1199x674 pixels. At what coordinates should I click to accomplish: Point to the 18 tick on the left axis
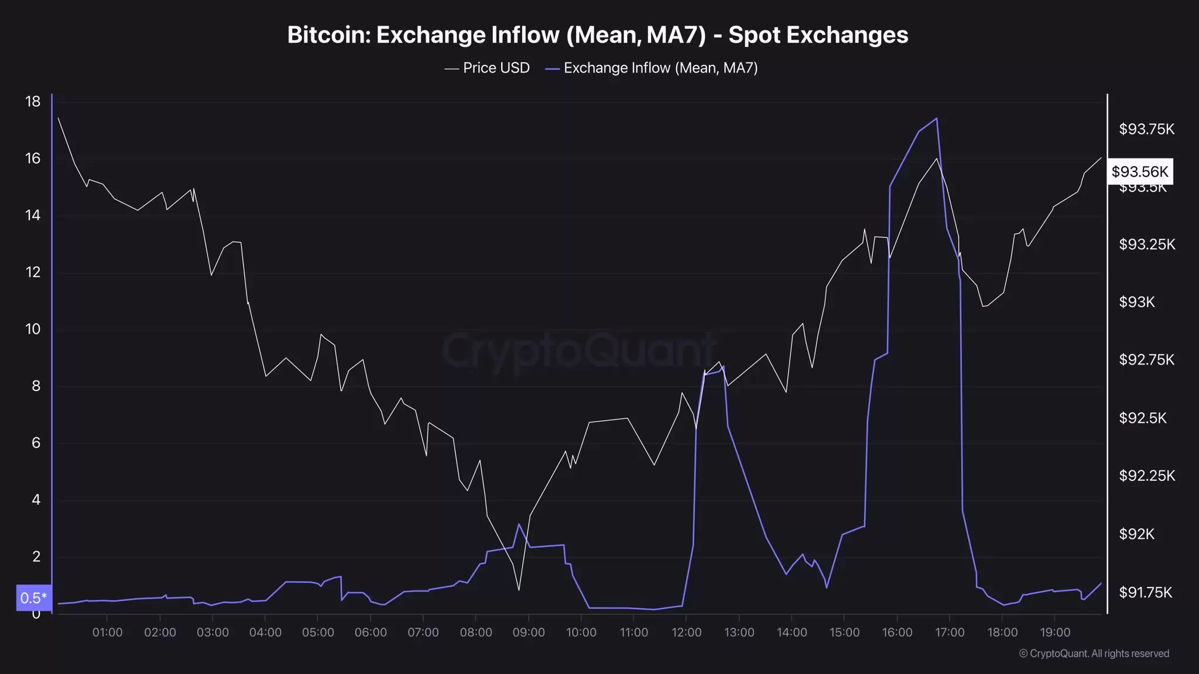coord(33,102)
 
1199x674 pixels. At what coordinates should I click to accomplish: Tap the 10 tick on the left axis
coord(33,329)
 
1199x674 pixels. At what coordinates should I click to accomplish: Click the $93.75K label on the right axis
coord(1146,129)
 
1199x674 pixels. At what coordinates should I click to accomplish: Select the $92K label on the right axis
coord(1136,534)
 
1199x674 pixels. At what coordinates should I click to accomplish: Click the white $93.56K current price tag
coord(1139,171)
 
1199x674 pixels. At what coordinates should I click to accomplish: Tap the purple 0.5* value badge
coord(33,598)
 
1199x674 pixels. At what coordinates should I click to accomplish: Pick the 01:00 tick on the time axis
coord(107,632)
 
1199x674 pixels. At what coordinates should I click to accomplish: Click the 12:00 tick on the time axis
coord(686,632)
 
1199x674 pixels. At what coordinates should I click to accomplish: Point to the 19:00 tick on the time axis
coord(1055,632)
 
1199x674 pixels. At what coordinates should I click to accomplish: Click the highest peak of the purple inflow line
coord(937,119)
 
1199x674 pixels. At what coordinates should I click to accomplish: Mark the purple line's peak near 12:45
coord(724,366)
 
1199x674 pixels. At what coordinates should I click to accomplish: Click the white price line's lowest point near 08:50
coord(519,590)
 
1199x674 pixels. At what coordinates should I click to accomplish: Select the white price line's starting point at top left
coord(58,118)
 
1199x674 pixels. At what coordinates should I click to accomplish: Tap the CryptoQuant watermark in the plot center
coord(578,351)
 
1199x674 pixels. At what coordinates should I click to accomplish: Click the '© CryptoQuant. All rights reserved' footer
coord(1094,654)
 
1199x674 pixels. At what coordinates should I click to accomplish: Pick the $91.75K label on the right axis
coord(1145,593)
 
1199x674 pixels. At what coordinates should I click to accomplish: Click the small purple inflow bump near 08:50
coord(519,524)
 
